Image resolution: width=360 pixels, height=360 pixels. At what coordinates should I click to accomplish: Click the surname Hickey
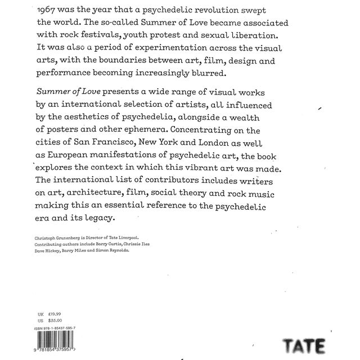pos(61,253)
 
